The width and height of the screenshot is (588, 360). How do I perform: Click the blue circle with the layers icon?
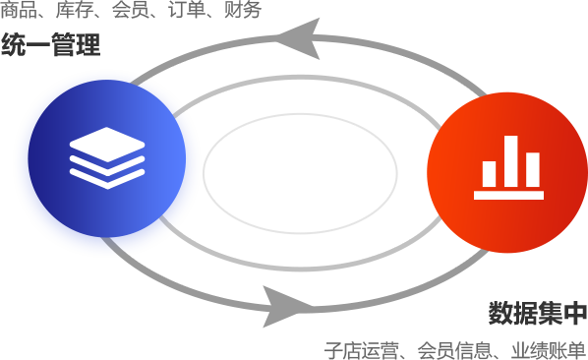(107, 158)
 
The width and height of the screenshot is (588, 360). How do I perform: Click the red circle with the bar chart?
(507, 172)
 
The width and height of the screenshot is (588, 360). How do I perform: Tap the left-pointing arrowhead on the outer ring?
(299, 38)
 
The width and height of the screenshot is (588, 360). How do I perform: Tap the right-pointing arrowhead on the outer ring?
(287, 307)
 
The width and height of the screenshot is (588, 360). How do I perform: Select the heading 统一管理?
(50, 44)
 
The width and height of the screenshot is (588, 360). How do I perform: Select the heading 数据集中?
(538, 313)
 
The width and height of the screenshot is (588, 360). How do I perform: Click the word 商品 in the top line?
(19, 10)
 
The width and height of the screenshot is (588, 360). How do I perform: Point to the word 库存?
(75, 10)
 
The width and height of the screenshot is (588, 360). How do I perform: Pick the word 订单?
(187, 10)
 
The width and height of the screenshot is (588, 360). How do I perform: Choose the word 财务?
(243, 10)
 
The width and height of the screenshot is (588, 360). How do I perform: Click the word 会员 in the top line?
(131, 10)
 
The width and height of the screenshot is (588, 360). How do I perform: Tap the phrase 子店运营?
(362, 350)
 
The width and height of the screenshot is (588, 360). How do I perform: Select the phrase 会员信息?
(454, 350)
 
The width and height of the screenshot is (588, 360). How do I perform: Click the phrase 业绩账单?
(548, 350)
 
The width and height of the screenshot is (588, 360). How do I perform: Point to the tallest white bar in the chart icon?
(510, 161)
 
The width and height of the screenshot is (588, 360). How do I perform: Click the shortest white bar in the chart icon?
(489, 174)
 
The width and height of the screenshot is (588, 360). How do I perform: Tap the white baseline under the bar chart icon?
(509, 195)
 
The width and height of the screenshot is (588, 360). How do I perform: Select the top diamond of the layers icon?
(107, 145)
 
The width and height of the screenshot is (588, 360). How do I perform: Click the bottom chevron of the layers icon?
(107, 179)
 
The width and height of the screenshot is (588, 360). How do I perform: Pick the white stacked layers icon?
(107, 158)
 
